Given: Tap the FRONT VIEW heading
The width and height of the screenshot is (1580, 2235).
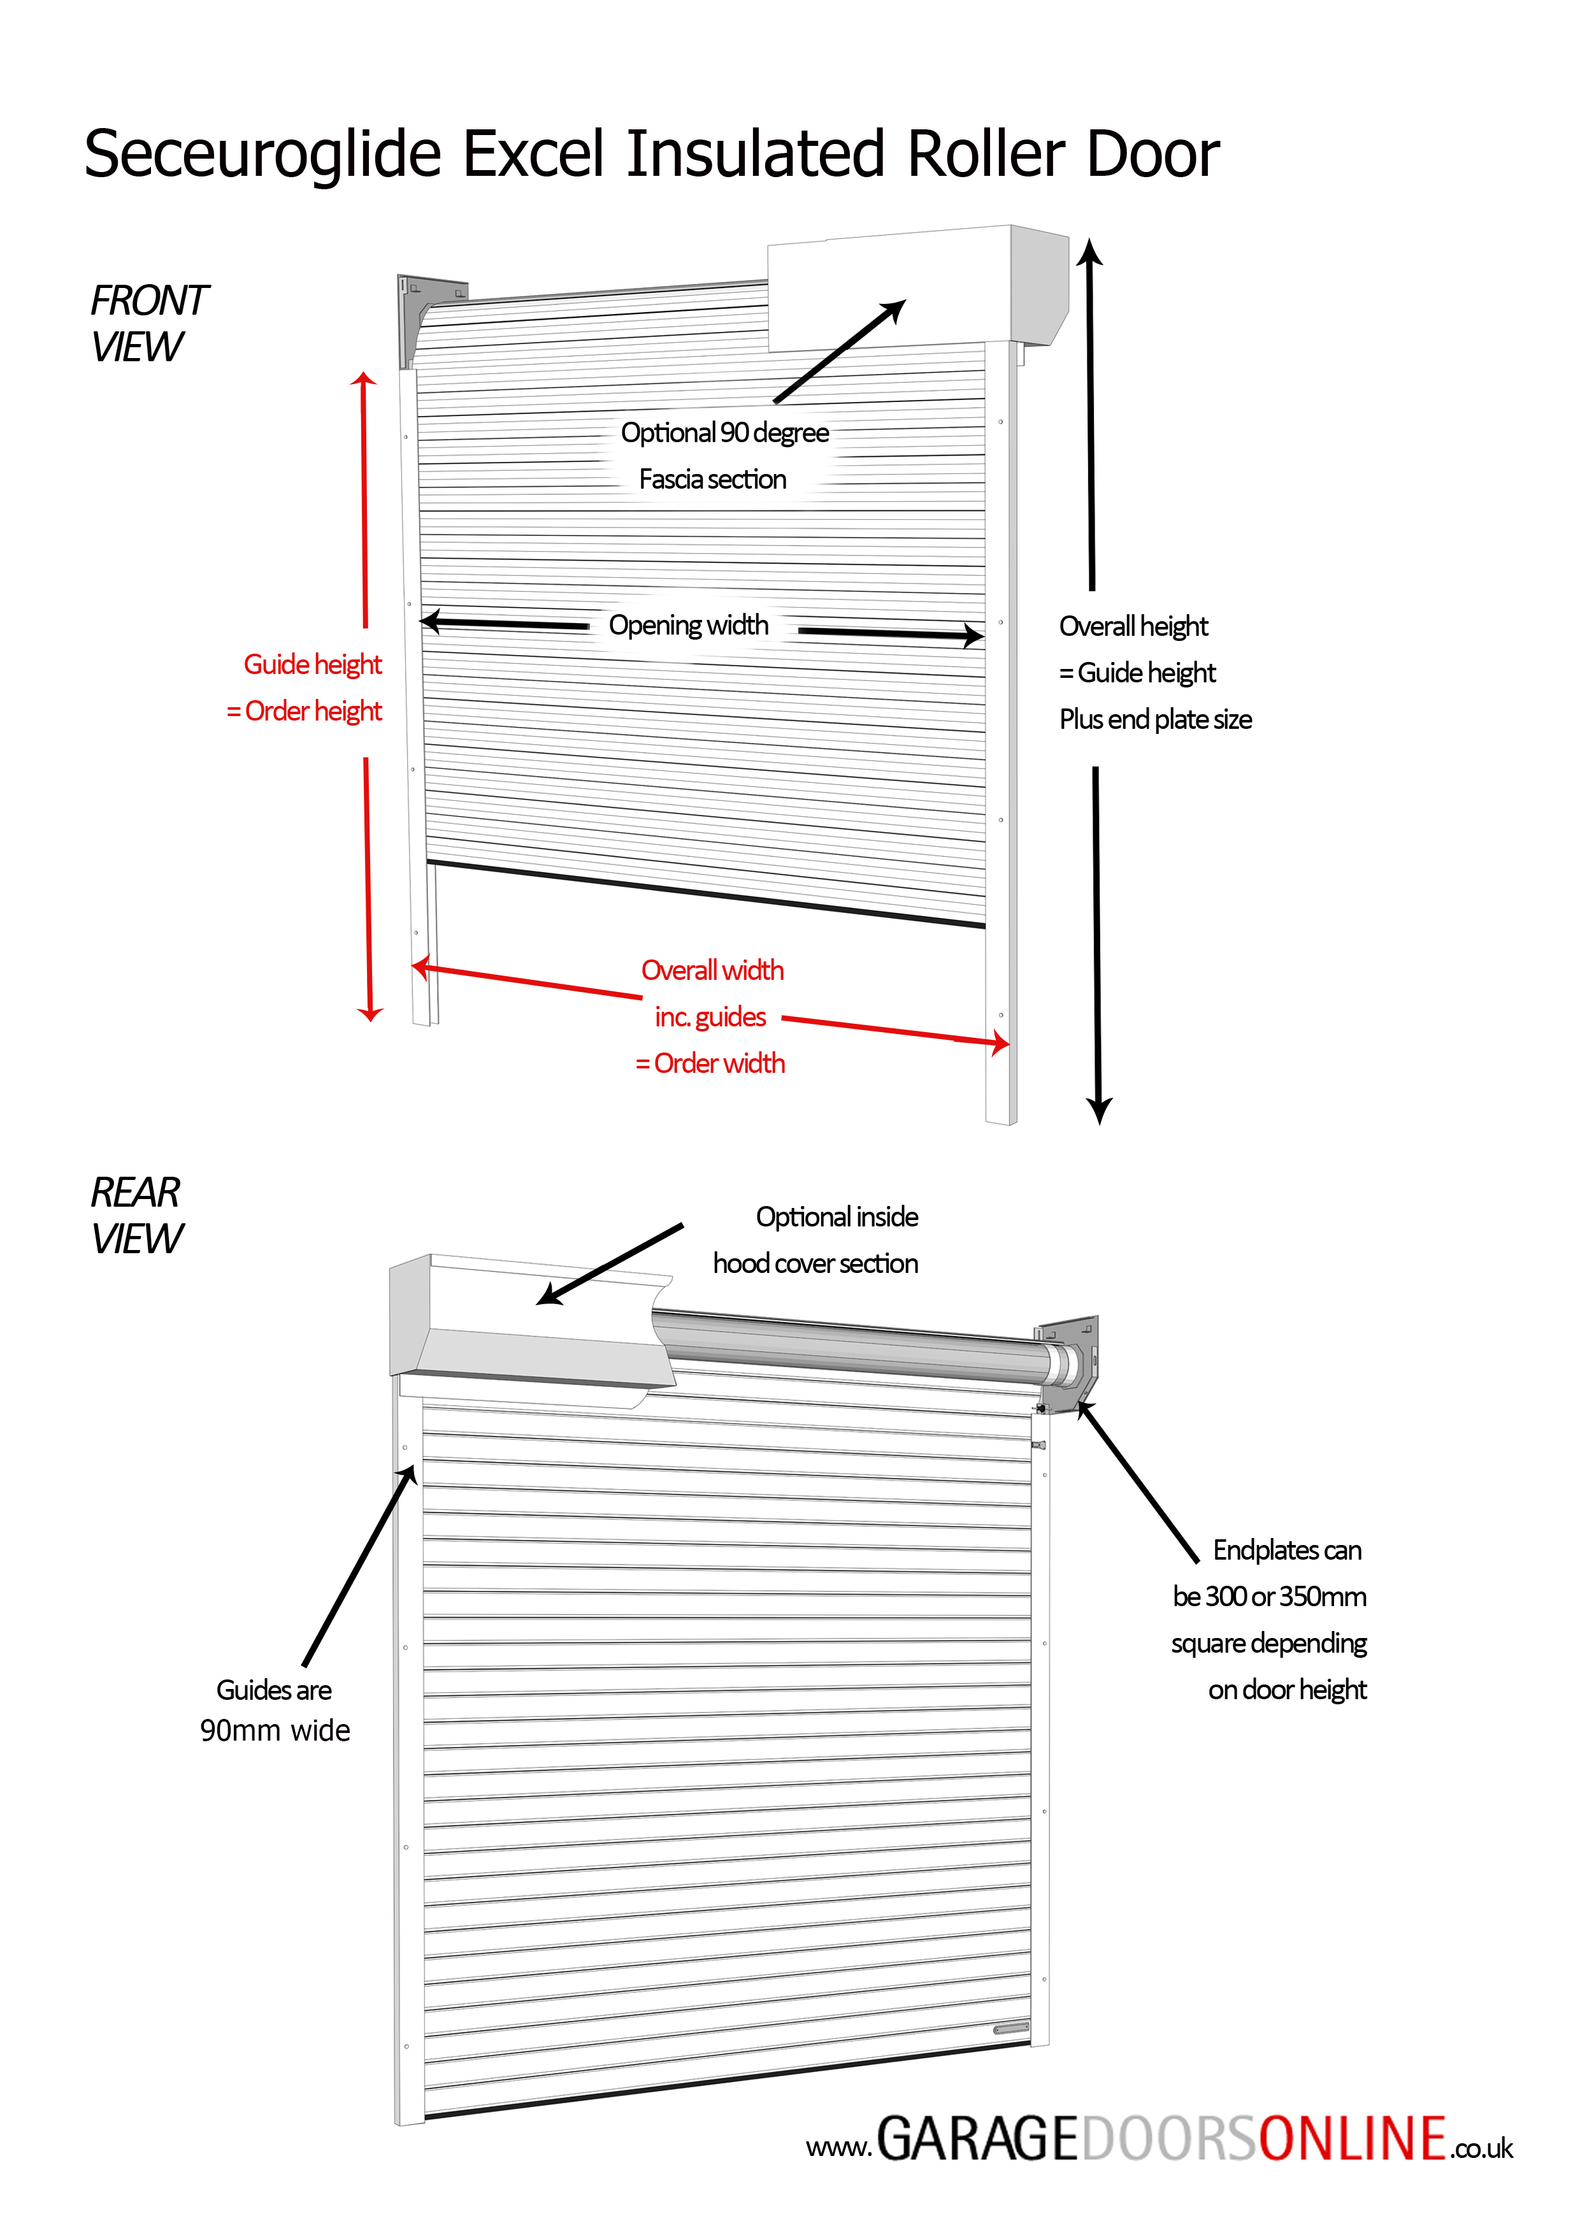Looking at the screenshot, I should pos(148,323).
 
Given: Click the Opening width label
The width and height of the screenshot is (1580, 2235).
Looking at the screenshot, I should pos(688,625).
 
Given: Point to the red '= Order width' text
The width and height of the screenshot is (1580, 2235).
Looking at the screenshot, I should pos(710,1063).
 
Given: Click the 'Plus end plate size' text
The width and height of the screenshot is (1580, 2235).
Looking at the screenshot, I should pos(1156,719).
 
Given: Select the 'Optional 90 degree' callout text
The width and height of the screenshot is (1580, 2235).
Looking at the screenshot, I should pos(725,432).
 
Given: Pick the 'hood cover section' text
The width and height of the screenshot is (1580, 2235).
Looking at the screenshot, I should pos(815,1263).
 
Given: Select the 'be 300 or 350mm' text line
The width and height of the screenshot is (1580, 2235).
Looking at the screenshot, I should pos(1270,1597).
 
